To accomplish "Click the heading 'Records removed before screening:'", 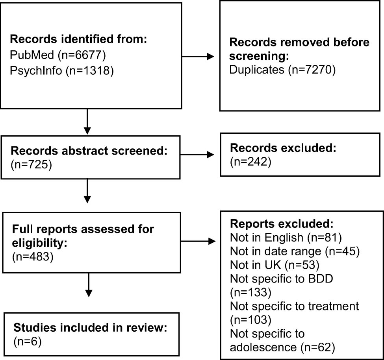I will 299,49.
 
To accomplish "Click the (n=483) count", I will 31,257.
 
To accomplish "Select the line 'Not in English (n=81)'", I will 275,238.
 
